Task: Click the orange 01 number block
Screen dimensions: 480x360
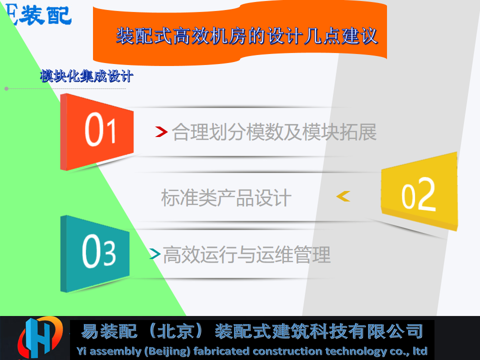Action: [97, 131]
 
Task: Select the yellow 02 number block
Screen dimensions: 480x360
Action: [419, 191]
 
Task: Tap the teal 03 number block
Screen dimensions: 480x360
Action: [95, 253]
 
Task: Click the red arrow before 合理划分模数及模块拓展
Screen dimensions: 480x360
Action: [161, 131]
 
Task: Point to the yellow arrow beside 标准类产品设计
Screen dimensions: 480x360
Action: [343, 196]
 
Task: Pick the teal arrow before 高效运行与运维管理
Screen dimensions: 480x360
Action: [155, 253]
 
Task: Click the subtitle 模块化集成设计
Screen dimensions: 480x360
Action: [86, 76]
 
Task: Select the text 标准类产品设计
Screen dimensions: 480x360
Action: [226, 197]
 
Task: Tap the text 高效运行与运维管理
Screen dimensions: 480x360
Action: [246, 254]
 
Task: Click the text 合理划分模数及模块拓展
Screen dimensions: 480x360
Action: [274, 132]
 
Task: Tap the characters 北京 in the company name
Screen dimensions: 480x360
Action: [175, 331]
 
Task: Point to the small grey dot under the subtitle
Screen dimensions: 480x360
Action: [6, 89]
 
